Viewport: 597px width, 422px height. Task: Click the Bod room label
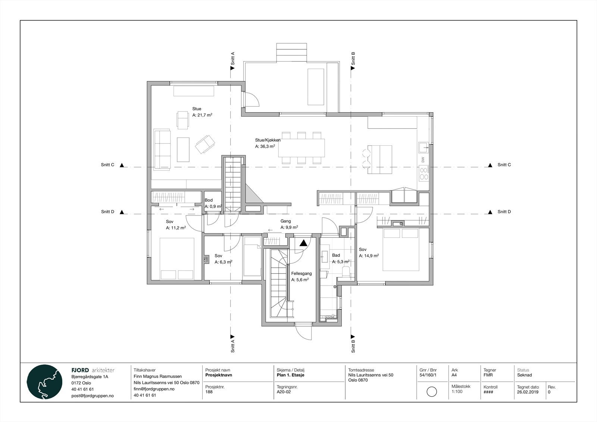(x=209, y=200)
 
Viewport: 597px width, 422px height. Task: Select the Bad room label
(x=336, y=255)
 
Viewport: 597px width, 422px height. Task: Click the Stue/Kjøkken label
(x=268, y=140)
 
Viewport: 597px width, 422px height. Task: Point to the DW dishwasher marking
(x=423, y=160)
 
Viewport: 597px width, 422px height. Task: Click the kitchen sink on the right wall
(x=423, y=147)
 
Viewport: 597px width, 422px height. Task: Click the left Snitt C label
(x=107, y=165)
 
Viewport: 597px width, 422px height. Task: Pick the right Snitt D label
(x=504, y=212)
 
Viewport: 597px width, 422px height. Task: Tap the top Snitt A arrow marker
(x=232, y=68)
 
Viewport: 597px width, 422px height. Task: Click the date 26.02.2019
(x=528, y=392)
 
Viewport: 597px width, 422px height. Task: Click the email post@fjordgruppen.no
(x=92, y=396)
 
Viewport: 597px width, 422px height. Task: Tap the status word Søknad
(x=525, y=375)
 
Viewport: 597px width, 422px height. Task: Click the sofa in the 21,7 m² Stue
(x=162, y=149)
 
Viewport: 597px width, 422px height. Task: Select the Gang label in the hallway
(x=285, y=221)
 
